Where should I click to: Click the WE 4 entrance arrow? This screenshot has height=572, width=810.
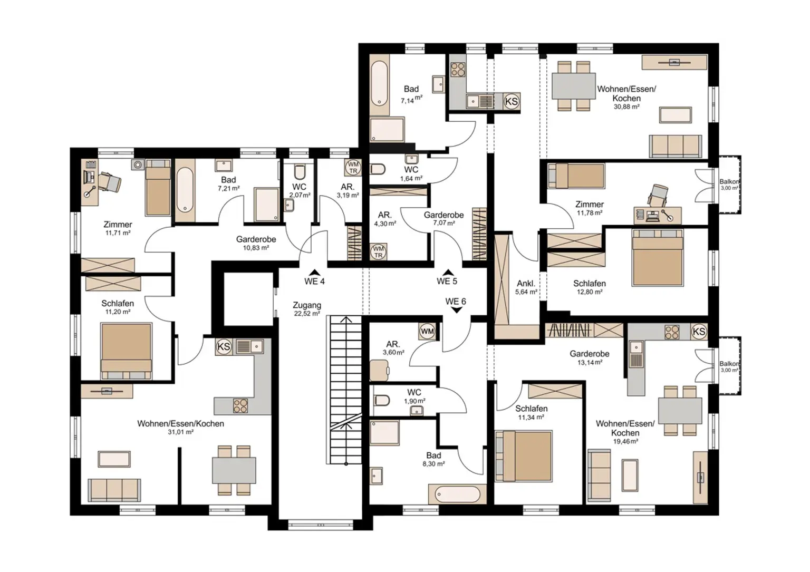(x=315, y=272)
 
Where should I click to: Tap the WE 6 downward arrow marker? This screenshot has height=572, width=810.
(x=457, y=311)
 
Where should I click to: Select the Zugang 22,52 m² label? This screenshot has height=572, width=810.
(x=307, y=309)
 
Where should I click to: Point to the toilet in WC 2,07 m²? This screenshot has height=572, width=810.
(x=300, y=173)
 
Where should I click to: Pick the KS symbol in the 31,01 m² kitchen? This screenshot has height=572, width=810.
(x=224, y=347)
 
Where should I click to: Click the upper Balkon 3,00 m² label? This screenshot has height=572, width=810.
(x=729, y=185)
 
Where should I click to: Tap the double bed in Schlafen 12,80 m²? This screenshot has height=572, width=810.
(x=658, y=257)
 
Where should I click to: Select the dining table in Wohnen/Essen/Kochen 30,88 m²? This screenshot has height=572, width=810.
(x=573, y=86)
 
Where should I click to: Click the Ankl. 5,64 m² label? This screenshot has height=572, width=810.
(x=526, y=287)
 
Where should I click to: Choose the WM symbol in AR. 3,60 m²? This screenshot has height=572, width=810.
(x=427, y=332)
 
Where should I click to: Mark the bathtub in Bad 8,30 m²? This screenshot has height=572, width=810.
(x=457, y=495)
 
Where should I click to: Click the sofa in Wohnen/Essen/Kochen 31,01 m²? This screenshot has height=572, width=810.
(x=114, y=490)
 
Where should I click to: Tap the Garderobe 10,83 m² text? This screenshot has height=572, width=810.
(x=256, y=243)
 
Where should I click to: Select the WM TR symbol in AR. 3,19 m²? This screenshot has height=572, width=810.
(x=353, y=168)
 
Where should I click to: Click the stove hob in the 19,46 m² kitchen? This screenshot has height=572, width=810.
(x=671, y=332)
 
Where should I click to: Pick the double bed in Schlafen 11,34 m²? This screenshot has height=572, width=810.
(x=524, y=456)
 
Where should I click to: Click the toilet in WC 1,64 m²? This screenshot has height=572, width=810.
(x=378, y=170)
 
